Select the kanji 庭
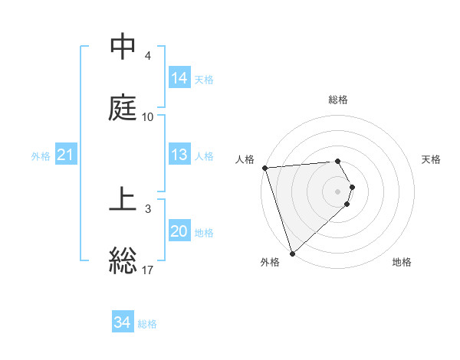coord(123,108)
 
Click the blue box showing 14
coord(179,77)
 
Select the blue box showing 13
coord(179,155)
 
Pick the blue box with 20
coord(179,231)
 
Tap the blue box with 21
coord(66,155)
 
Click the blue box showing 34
coord(123,322)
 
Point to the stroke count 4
coord(148,56)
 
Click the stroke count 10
coord(148,117)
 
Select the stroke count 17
coord(148,270)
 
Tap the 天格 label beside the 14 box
coord(204,79)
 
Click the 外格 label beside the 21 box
coord(41,156)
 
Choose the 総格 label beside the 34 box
coord(148,324)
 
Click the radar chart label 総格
coord(338,100)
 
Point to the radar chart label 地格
coord(402,262)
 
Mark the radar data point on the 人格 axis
coord(265,168)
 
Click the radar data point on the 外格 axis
coord(292,253)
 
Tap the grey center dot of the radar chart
coord(338,191)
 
